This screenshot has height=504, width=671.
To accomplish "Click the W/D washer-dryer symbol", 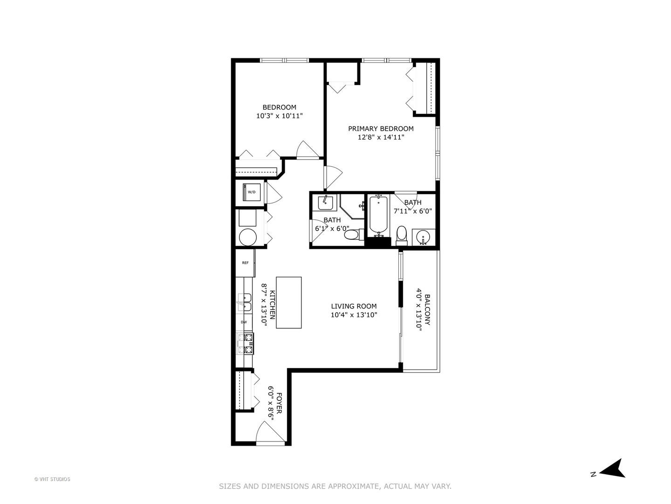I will [251, 192].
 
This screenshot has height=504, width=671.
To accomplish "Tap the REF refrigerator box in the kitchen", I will [245, 263].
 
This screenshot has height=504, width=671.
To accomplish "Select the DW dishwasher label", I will [244, 322].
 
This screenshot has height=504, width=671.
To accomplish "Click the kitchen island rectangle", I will [288, 302].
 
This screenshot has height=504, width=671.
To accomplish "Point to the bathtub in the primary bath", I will [378, 215].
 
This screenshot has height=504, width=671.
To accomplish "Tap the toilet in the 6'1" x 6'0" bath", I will [352, 235].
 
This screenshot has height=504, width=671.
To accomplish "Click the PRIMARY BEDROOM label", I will [381, 129].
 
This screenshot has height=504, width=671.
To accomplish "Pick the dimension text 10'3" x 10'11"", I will [279, 116].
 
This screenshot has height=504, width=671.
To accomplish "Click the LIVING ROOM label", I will [354, 306].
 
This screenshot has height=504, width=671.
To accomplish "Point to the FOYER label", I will [279, 403].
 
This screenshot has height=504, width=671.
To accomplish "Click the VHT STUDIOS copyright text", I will [52, 479].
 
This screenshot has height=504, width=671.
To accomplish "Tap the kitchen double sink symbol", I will [244, 302].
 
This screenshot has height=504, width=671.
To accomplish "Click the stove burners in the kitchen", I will [245, 343].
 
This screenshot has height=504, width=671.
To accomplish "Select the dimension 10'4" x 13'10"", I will [354, 315].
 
